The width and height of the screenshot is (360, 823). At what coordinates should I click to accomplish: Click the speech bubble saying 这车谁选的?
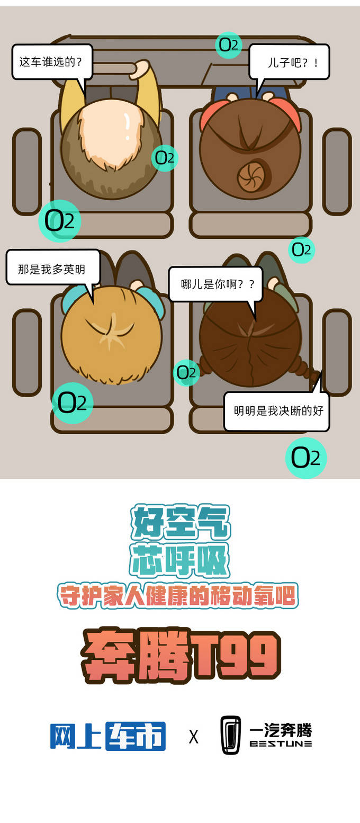52,62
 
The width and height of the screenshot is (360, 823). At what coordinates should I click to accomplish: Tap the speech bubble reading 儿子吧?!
289,62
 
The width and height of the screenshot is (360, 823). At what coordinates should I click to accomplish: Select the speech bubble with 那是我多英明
53,267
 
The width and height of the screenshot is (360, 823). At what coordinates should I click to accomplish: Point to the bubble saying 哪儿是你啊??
215,284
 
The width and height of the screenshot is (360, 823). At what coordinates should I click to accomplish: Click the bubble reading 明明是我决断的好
276,411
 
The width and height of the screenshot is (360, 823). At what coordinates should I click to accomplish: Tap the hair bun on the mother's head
252,176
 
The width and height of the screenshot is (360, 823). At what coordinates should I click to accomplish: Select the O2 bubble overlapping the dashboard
229,45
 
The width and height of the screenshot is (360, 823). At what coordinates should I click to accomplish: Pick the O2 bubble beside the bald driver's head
165,158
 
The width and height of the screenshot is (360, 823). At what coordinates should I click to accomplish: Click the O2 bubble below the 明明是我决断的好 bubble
306,458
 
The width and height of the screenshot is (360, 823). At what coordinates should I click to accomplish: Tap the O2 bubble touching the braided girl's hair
186,372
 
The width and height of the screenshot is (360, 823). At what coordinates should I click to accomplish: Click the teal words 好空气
181,523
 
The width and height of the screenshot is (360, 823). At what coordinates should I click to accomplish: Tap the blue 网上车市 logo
107,736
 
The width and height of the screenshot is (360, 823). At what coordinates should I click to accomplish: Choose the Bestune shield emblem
231,735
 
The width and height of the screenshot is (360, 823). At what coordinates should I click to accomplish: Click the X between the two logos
193,737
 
